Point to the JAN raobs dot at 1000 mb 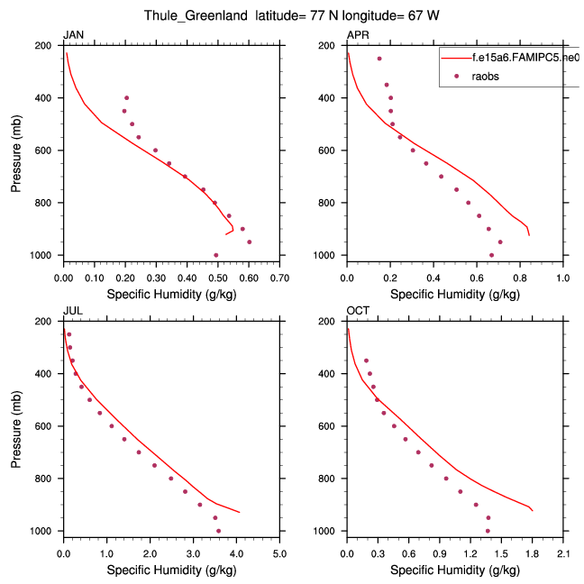point(216,255)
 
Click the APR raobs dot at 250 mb point(379,59)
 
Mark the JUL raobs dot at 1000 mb point(218,531)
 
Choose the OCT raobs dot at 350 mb point(366,360)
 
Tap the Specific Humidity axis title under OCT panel point(455,570)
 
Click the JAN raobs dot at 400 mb point(127,97)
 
